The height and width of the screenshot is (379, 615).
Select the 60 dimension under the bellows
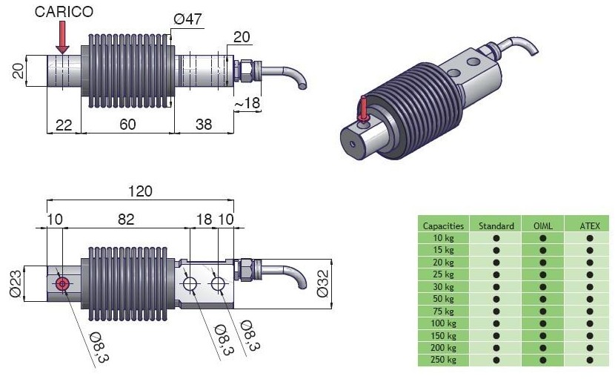(x=127, y=125)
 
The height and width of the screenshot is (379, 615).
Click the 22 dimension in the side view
(x=64, y=125)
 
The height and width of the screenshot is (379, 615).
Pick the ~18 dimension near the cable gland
(x=247, y=103)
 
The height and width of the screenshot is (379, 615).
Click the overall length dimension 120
(x=139, y=191)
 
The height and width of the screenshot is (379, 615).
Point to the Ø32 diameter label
(x=325, y=283)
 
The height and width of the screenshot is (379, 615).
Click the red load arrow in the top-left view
(x=62, y=37)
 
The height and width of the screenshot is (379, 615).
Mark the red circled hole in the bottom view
(x=61, y=283)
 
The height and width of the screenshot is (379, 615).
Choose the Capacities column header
(x=443, y=225)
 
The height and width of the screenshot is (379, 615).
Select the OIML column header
(x=543, y=225)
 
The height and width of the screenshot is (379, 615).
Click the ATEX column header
(x=590, y=225)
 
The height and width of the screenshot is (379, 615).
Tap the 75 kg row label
(x=443, y=311)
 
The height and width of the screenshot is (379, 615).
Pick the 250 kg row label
(x=443, y=360)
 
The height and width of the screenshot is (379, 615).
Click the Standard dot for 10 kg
(x=496, y=238)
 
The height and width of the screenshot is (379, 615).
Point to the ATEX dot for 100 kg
(x=590, y=323)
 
